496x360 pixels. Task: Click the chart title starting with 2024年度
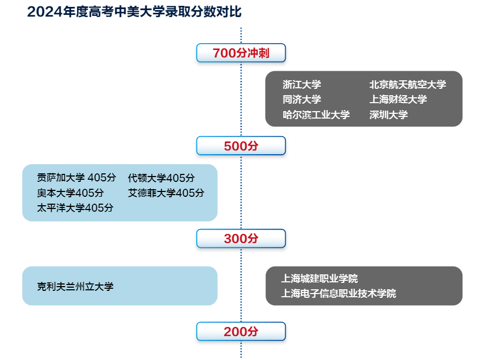(135, 12)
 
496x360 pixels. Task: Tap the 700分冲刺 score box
(241, 53)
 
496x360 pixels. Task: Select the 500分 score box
(241, 146)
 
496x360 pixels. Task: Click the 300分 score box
(241, 238)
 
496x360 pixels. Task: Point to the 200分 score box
(241, 331)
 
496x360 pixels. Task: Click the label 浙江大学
(302, 85)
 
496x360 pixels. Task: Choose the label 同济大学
(302, 99)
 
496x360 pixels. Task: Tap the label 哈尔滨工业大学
(316, 114)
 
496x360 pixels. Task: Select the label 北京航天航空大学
(408, 85)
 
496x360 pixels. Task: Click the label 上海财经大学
(398, 99)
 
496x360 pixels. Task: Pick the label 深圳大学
(388, 114)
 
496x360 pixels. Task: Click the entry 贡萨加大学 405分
(77, 178)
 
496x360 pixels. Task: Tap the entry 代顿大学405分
(161, 178)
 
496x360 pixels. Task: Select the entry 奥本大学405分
(70, 192)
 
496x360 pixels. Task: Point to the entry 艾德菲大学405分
(166, 192)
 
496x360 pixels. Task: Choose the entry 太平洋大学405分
(75, 208)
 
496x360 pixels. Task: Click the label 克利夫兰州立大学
(75, 287)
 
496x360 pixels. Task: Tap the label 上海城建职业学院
(319, 279)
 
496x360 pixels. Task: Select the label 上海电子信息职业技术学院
(338, 294)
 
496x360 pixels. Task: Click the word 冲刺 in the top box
(259, 53)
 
